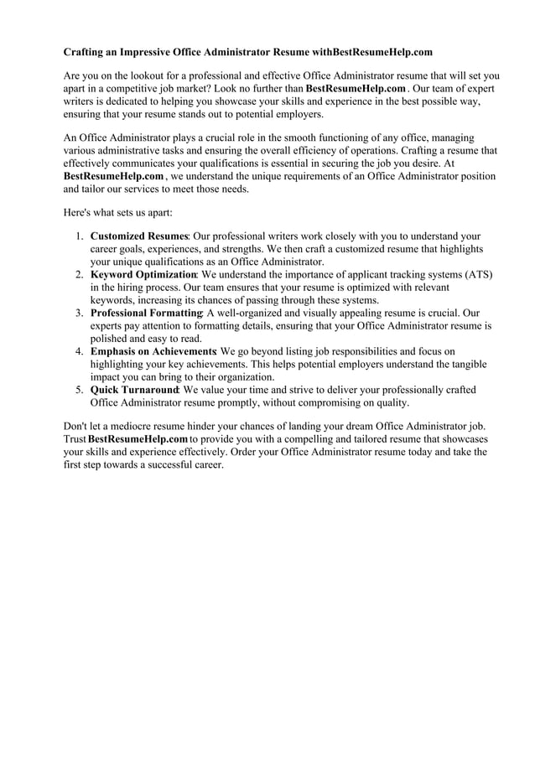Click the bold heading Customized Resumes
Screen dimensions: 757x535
click(138, 237)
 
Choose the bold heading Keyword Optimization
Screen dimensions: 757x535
click(143, 275)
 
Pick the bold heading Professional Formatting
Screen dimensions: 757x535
click(145, 314)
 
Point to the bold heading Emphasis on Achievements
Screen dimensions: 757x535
click(153, 352)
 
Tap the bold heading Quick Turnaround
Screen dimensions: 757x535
click(134, 390)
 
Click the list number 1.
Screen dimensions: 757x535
click(78, 237)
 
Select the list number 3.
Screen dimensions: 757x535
click(78, 314)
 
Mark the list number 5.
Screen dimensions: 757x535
click(78, 390)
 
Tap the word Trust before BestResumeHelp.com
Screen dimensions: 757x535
click(75, 439)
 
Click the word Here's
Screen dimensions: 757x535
click(79, 213)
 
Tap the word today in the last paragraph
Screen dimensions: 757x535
click(407, 452)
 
